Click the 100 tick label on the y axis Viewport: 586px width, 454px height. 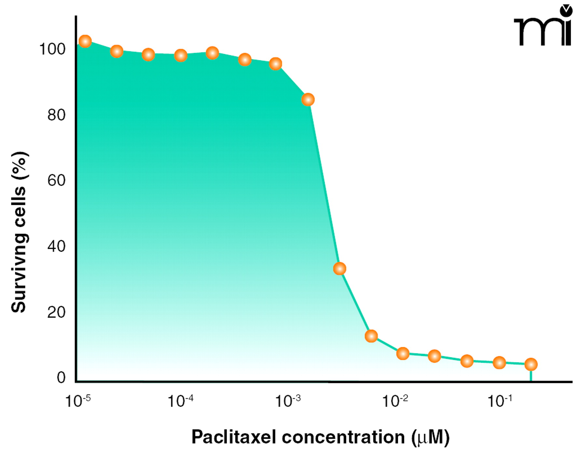tap(52, 49)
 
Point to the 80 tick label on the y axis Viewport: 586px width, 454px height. tap(56, 115)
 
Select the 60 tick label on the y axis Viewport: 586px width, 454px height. tap(56, 180)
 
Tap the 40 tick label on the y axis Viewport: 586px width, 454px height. tap(56, 246)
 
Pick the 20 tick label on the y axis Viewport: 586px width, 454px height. tap(56, 312)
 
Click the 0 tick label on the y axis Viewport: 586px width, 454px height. tap(61, 377)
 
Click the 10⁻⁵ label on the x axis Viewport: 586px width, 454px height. tap(78, 401)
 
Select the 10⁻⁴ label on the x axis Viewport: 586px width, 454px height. tap(180, 401)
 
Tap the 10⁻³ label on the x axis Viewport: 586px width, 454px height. tap(288, 401)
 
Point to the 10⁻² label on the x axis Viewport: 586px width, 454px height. tap(395, 401)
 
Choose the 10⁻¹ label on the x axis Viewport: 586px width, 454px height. tap(500, 401)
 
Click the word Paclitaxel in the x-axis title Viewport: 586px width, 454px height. tap(233, 437)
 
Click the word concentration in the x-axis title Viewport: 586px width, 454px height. tap(343, 437)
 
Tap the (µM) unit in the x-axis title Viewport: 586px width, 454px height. tap(430, 437)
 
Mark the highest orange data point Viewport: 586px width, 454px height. tap(85, 41)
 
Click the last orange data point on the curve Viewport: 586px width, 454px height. tap(531, 364)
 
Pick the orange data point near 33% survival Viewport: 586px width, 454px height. tap(340, 269)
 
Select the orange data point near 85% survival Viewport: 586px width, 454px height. tap(308, 99)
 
